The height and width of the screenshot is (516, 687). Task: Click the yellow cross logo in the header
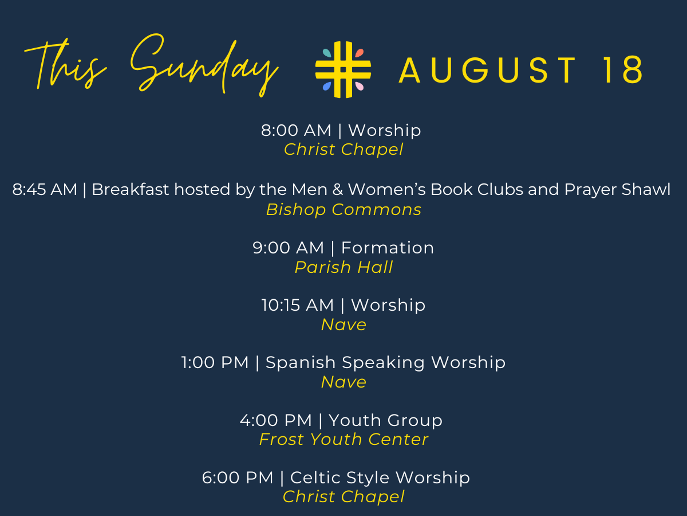(x=343, y=69)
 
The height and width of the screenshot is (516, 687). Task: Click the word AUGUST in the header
(x=487, y=69)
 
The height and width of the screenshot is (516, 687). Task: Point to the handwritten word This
(x=65, y=64)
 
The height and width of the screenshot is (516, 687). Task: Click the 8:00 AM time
(x=296, y=130)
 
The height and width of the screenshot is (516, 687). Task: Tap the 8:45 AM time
(x=45, y=190)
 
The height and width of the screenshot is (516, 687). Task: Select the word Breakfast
(x=130, y=190)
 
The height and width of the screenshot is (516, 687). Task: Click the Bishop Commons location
(x=343, y=209)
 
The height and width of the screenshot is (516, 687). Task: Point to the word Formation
(x=388, y=248)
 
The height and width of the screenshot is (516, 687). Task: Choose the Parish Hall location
(x=343, y=267)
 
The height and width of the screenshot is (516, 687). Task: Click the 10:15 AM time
(x=298, y=305)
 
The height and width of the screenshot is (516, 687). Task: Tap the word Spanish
(x=301, y=363)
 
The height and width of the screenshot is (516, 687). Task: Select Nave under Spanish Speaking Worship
(x=343, y=382)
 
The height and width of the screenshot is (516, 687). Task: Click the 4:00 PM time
(x=276, y=420)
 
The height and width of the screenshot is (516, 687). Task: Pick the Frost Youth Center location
(x=343, y=439)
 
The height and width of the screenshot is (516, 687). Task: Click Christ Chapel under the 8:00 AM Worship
(x=343, y=150)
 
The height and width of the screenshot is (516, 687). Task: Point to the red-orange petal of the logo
(x=360, y=53)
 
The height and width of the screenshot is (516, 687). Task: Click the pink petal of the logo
(x=360, y=86)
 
